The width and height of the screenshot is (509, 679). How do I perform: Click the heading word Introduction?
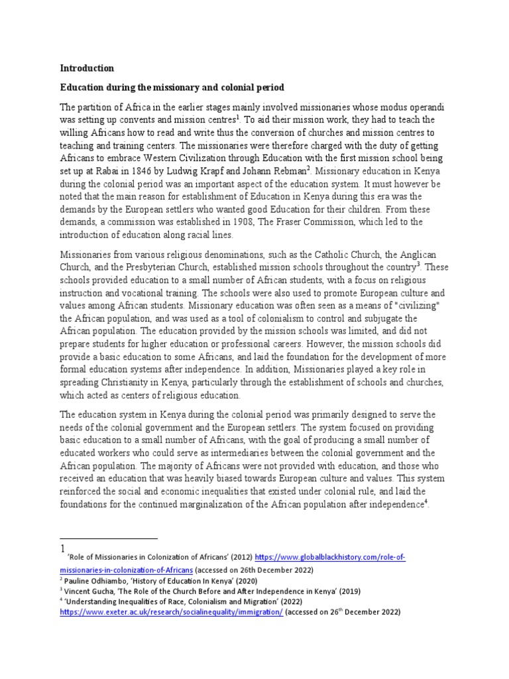point(87,68)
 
